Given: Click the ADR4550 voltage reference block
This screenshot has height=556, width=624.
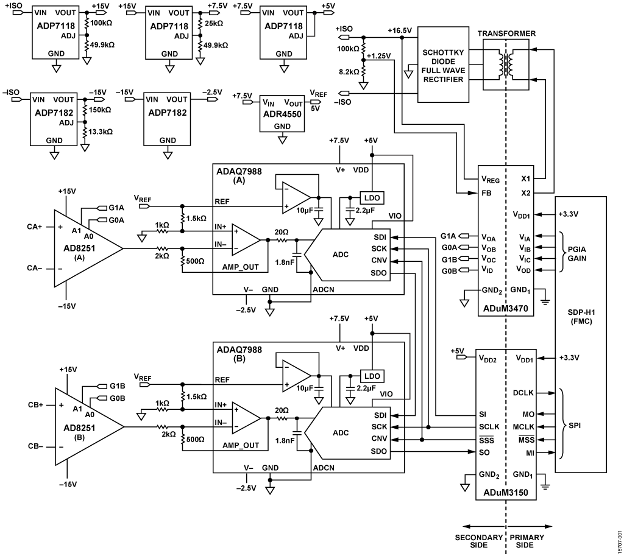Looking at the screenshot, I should point(282,113).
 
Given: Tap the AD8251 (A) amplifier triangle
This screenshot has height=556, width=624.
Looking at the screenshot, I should point(85,248).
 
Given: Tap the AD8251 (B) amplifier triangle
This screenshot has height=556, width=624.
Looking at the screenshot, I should point(85,426).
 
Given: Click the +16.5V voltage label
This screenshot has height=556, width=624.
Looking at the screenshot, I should point(400,29).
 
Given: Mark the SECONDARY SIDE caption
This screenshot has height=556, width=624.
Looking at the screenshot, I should point(479,541).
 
